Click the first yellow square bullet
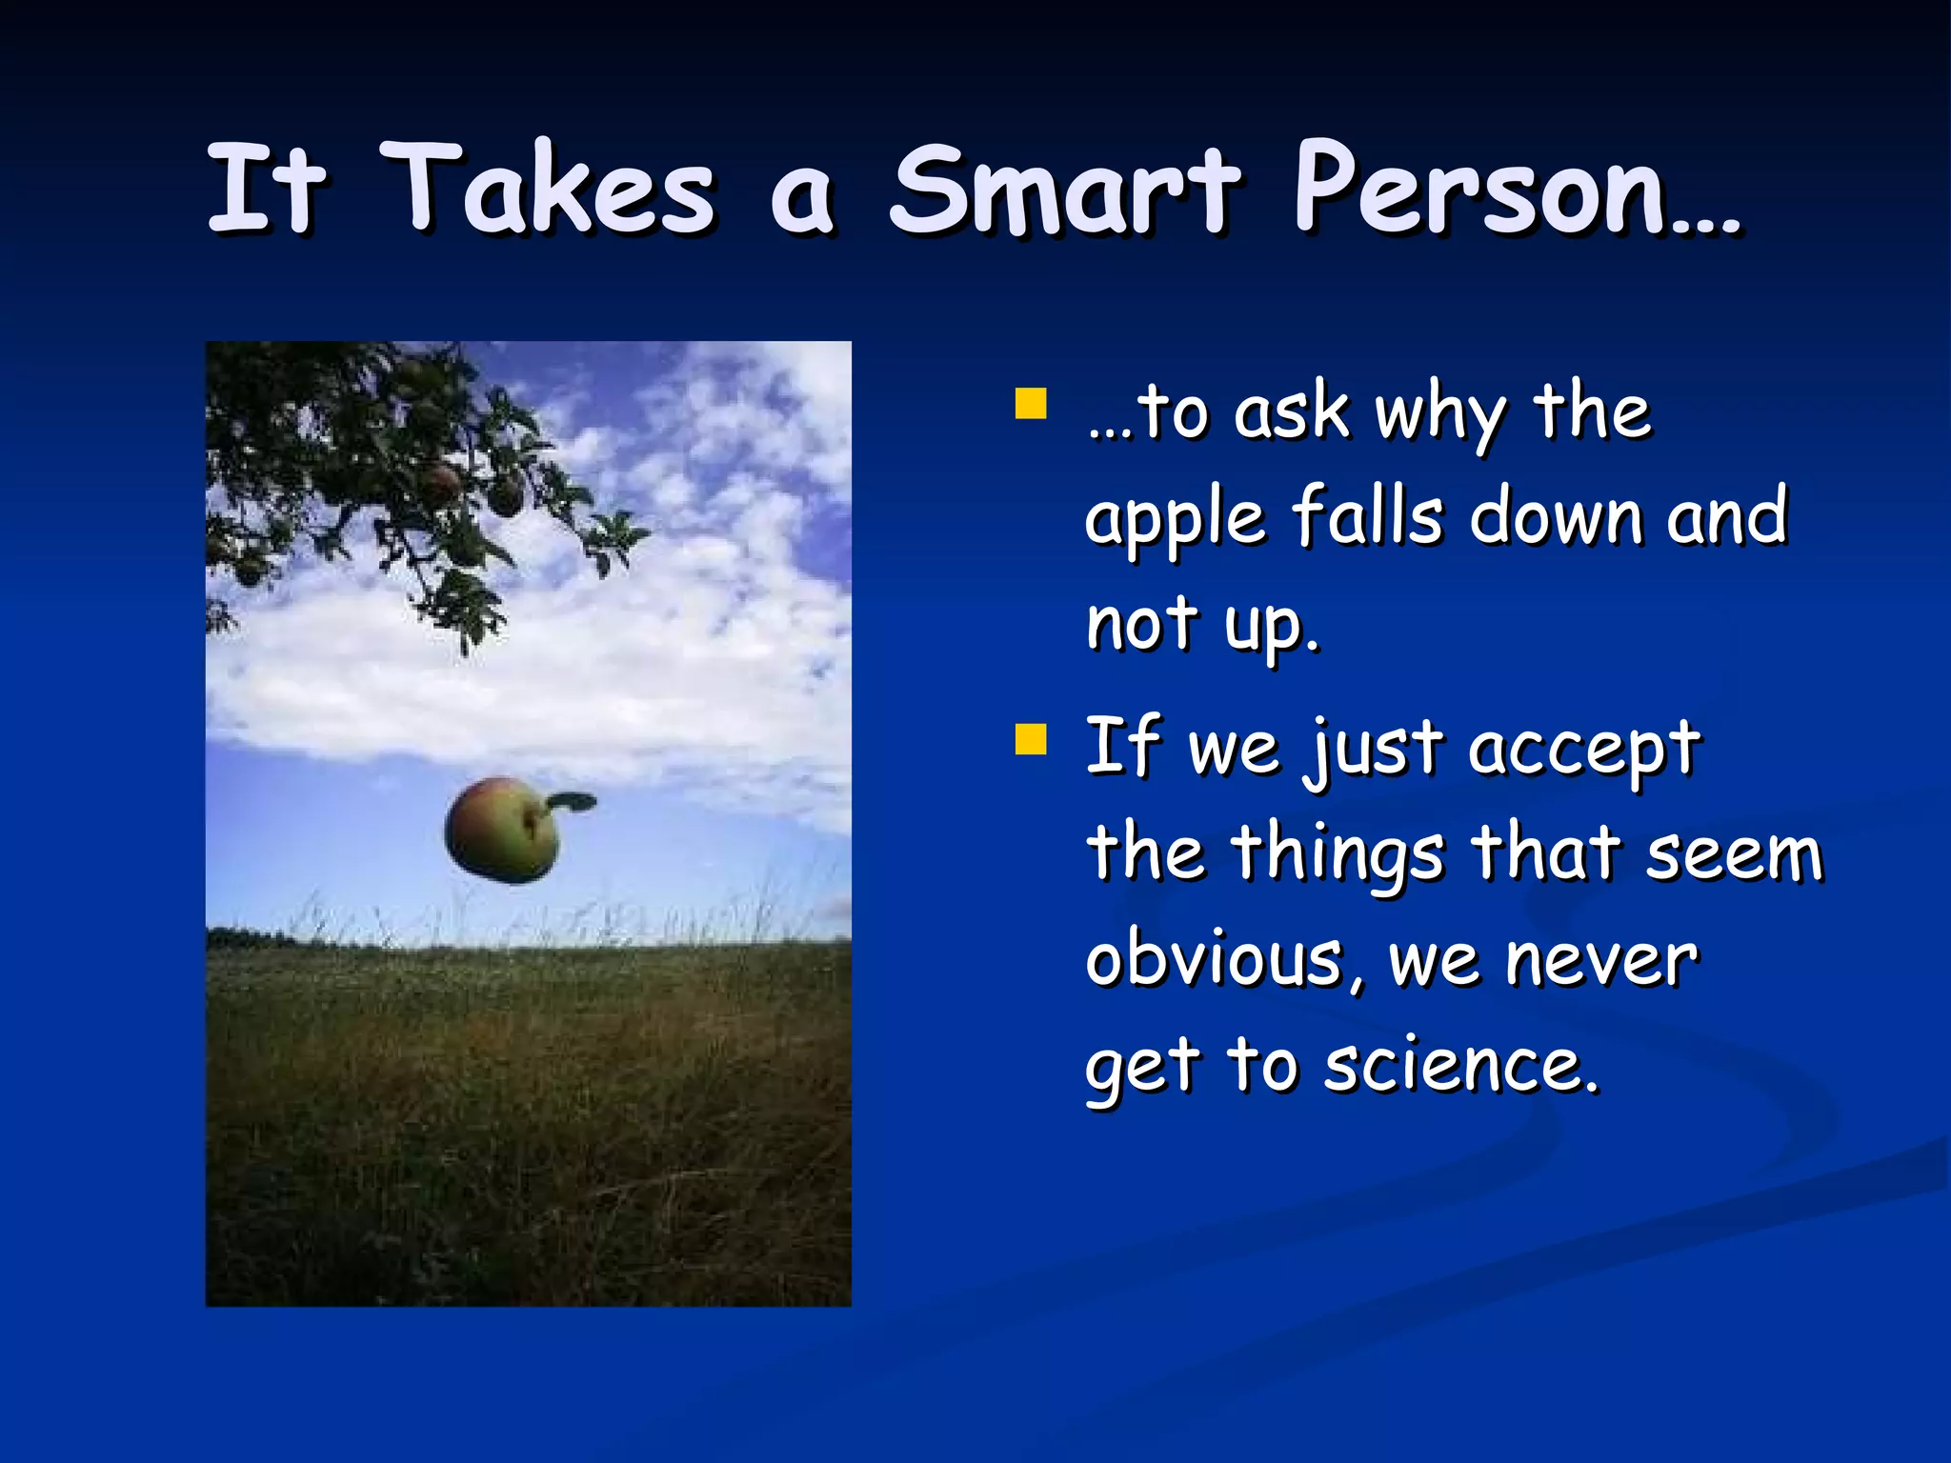[x=1031, y=403]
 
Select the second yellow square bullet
[x=1031, y=739]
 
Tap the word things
[x=1338, y=855]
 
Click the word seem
[x=1734, y=853]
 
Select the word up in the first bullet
[x=1271, y=627]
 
